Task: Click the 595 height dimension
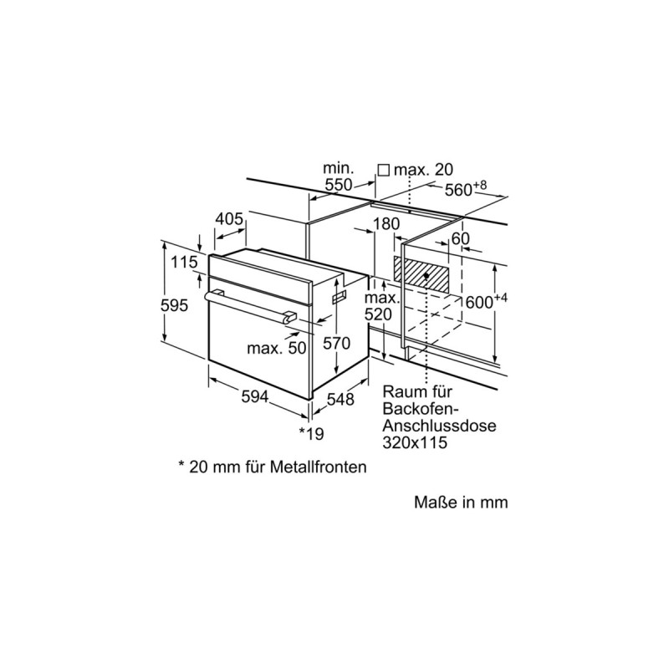click(x=174, y=305)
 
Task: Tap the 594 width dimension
click(x=255, y=396)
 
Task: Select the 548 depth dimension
click(x=340, y=400)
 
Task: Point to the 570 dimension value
click(x=336, y=343)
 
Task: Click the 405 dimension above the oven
click(x=228, y=219)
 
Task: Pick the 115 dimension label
click(x=184, y=262)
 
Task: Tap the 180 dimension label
click(x=386, y=223)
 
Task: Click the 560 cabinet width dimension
click(x=466, y=188)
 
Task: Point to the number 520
click(x=378, y=314)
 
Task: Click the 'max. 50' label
click(x=277, y=348)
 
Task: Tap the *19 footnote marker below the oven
click(x=311, y=433)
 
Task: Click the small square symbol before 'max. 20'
click(x=384, y=171)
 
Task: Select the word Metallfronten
click(x=319, y=467)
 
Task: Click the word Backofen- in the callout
click(x=420, y=408)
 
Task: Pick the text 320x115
click(x=415, y=442)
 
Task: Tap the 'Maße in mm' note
click(x=461, y=503)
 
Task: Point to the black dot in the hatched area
click(x=426, y=276)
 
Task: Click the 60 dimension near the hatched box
click(x=460, y=239)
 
